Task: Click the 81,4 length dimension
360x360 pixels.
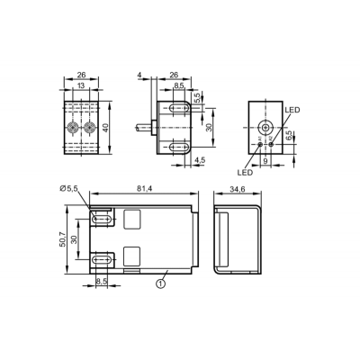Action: pos(145,189)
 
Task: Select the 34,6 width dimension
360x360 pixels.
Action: pos(238,189)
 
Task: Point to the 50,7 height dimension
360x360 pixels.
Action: pos(62,239)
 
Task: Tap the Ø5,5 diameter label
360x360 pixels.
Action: pos(68,189)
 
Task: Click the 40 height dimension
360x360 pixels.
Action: pos(104,128)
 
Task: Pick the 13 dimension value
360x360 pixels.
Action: pos(81,85)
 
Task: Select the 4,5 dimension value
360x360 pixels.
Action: pos(200,160)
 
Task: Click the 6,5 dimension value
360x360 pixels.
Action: pos(289,137)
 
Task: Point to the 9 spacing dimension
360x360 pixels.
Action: pos(265,161)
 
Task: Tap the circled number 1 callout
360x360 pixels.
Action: pos(161,283)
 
